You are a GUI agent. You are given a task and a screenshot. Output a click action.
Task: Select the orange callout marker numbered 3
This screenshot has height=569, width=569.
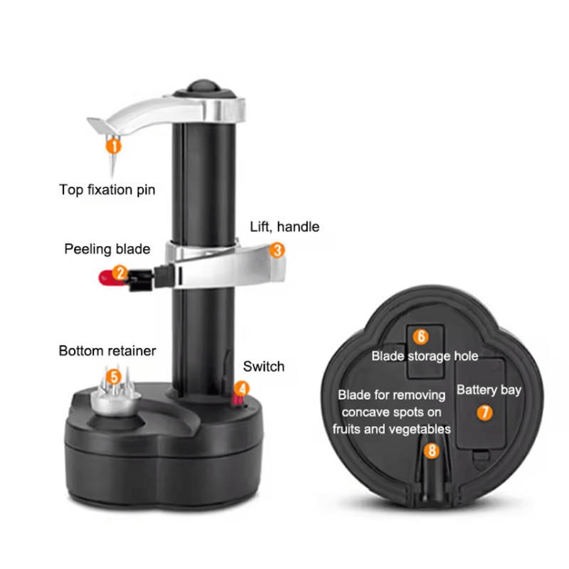277,250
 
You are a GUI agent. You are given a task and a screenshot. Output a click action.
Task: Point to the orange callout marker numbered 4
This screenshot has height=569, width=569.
243,388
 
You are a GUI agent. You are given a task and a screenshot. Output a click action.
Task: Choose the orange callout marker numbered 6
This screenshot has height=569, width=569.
421,336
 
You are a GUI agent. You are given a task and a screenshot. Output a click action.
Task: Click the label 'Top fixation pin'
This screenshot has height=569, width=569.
107,190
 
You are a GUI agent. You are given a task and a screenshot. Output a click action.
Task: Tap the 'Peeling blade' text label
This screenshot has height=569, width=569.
107,249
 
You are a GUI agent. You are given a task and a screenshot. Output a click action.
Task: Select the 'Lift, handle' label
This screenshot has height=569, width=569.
284,227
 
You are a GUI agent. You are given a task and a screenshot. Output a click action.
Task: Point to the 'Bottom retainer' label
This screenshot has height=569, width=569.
107,351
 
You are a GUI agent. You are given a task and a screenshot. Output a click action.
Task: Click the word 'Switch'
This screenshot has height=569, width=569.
263,367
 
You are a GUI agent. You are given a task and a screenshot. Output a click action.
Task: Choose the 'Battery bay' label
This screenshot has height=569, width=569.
489,390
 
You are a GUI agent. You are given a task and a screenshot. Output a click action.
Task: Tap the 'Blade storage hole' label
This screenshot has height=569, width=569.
425,356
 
